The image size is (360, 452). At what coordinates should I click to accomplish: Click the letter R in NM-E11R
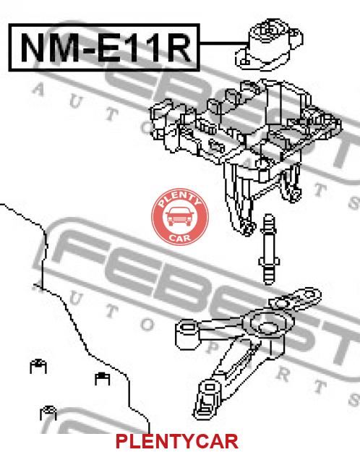pos(179,48)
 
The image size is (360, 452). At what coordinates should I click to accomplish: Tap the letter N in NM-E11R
pos(33,48)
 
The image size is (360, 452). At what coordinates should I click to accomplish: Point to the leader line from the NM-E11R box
pos(224,43)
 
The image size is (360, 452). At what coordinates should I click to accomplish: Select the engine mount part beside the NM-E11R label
pos(269,45)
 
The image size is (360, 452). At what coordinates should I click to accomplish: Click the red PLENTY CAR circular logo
pos(180,217)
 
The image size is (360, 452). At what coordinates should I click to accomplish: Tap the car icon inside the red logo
pos(180,216)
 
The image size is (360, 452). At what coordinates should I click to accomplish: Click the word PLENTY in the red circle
pos(179,199)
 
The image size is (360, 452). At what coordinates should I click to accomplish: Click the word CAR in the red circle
pos(179,238)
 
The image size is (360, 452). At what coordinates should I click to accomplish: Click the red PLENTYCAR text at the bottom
pos(177,441)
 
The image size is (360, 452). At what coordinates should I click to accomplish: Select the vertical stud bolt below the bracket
pos(269,250)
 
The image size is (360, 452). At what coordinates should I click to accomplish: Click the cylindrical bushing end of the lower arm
pos(187,334)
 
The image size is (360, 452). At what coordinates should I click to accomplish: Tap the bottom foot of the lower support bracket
pos(207,399)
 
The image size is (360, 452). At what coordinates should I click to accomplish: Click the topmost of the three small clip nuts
pos(38,366)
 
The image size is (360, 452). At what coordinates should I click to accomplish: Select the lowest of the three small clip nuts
pos(48,413)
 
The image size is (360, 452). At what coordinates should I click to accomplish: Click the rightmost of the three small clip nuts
pos(103,378)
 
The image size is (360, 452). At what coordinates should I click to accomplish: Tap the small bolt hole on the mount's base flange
pos(245,61)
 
